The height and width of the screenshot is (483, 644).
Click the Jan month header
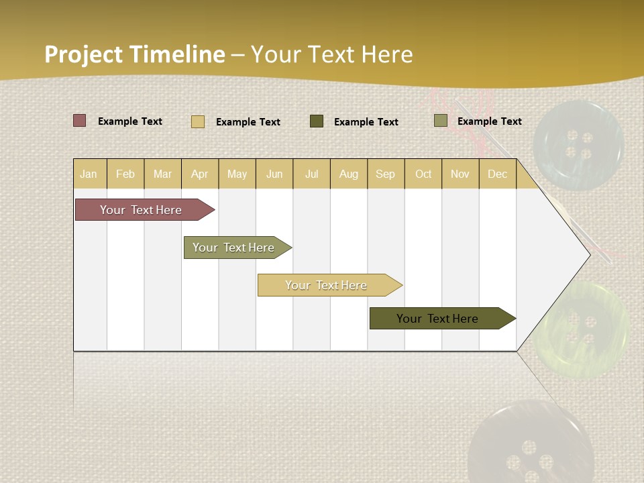(89, 174)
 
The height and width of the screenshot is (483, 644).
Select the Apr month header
(200, 174)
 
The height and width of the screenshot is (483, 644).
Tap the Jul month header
(311, 174)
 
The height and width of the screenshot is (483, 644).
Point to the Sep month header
(385, 174)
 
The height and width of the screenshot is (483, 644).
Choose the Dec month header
(497, 174)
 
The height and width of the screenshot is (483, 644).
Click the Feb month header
(125, 174)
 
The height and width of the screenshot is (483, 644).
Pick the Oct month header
(423, 174)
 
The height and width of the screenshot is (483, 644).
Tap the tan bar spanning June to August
(327, 285)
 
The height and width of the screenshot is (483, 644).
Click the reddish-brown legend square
(80, 121)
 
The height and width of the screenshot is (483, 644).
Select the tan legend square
(198, 121)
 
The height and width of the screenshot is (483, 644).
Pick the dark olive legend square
(317, 121)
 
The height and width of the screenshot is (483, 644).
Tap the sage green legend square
(441, 121)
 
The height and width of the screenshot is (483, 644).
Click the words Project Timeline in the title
(134, 54)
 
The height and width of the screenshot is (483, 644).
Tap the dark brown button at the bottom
(530, 446)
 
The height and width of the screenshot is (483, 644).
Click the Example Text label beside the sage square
(489, 121)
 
